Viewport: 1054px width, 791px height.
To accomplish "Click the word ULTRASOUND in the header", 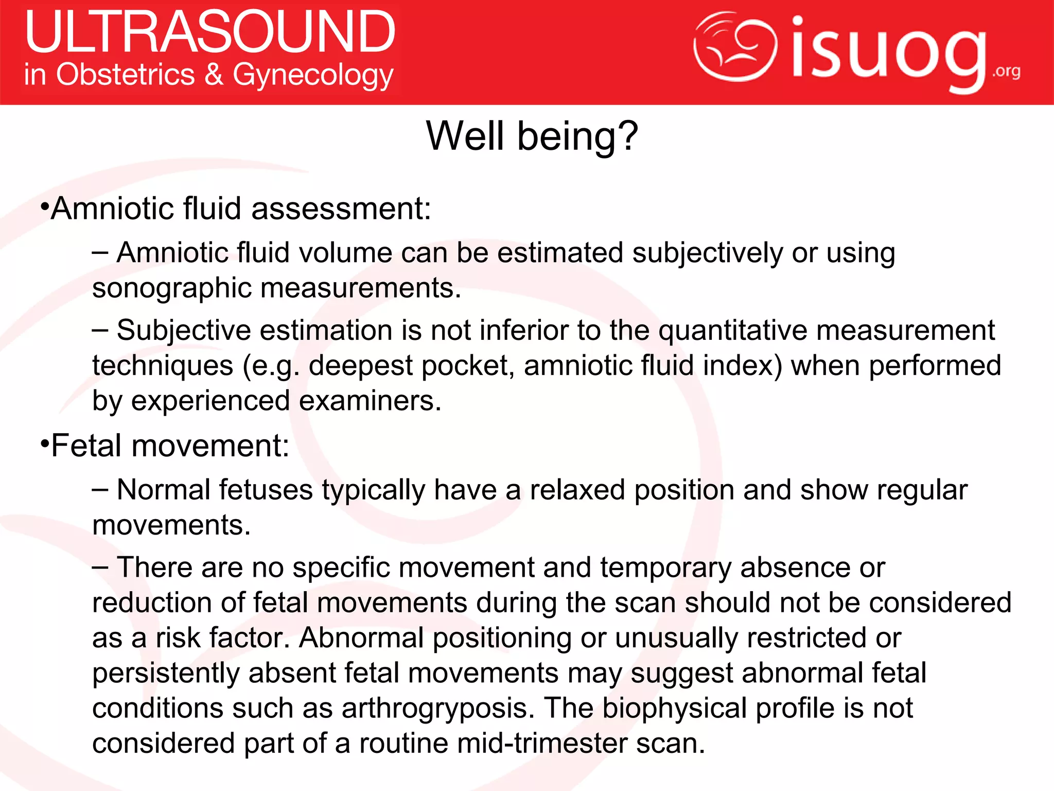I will pyautogui.click(x=210, y=32).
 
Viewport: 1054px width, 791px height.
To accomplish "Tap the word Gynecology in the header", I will pyautogui.click(x=313, y=76).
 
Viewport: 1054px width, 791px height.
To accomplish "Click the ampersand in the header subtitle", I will pyautogui.click(x=214, y=75).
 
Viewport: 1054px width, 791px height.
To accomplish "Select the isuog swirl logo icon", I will pyautogui.click(x=735, y=46).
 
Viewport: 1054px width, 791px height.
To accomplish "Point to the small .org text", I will pyautogui.click(x=1006, y=71).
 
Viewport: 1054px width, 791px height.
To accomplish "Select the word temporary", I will pyautogui.click(x=665, y=568).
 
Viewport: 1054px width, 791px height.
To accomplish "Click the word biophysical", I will pyautogui.click(x=674, y=708).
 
